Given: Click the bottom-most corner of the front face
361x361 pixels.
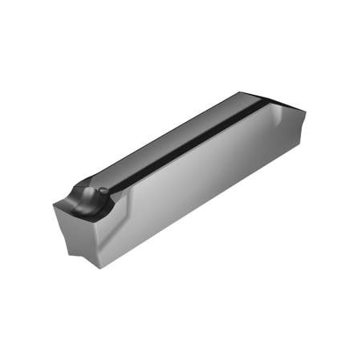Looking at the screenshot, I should click(x=99, y=267).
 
